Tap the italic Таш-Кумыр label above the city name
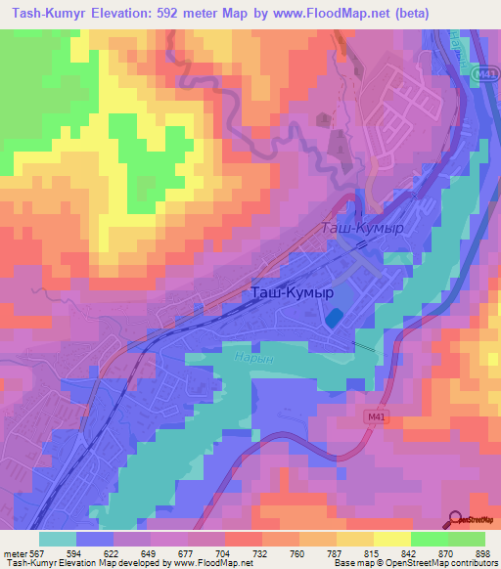[362, 228]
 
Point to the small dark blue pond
[334, 319]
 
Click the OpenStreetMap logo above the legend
[472, 519]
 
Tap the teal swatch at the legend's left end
[58, 538]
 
